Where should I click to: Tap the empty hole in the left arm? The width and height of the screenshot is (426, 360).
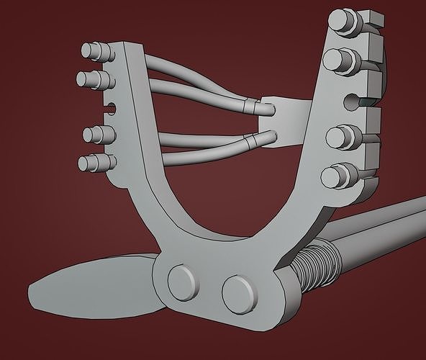(x=111, y=108)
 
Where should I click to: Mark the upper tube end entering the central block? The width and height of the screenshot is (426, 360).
(x=263, y=108)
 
